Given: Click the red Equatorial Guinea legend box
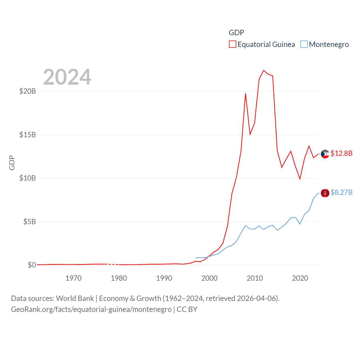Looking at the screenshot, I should pos(232,44).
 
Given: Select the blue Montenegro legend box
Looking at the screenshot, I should pos(304,44).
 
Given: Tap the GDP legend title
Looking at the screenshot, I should pos(236,33).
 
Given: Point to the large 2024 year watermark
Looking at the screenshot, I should pos(67,77).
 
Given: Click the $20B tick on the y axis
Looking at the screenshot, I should pos(28,91).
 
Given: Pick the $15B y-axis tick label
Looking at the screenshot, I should pos(28,135).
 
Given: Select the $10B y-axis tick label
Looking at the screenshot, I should pos(28,178).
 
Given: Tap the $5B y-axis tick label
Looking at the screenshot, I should pos(30,222).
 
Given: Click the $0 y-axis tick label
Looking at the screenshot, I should pos(32,265).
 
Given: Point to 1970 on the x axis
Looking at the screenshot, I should pos(73,278).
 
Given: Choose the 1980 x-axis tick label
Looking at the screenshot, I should pos(119,278).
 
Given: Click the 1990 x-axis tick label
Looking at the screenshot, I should pos(164,278).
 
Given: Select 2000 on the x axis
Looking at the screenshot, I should pos(209,278).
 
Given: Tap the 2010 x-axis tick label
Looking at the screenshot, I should pos(255,278).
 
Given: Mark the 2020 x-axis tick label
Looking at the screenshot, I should pos(300,278).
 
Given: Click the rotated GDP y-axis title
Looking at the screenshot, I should pos(12,163).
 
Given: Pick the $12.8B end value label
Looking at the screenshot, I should pos(341,153).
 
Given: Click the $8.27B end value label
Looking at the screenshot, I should pos(341,192).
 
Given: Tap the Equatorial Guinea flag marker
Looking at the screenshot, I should pos(325,154).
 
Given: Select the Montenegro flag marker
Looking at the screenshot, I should pos(325,193).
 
